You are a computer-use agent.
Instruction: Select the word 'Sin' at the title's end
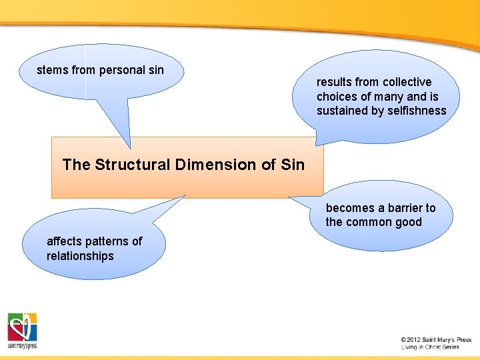point(293,165)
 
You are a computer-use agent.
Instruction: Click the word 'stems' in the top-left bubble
point(52,70)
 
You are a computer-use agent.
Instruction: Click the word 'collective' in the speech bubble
point(406,82)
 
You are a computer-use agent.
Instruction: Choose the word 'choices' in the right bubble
point(337,97)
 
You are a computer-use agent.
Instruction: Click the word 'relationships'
point(80,256)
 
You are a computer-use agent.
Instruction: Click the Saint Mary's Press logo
point(23,330)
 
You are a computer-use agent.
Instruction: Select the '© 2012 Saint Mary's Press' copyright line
point(436,340)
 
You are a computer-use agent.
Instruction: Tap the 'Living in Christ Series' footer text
point(430,347)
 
